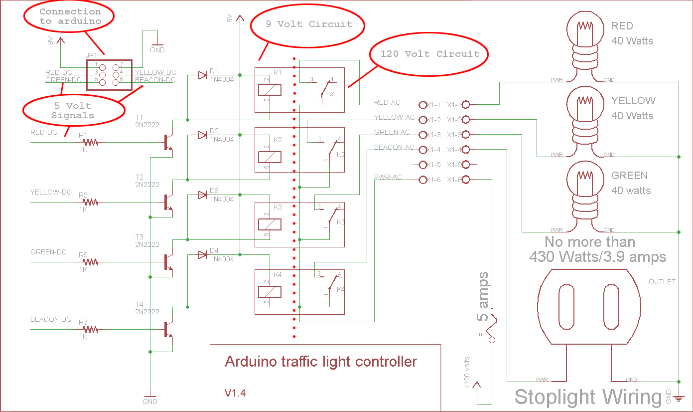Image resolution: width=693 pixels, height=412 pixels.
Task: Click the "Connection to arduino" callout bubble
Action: (69, 16)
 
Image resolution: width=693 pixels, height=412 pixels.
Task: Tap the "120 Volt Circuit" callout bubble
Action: (429, 54)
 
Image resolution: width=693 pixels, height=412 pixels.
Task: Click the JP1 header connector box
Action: (109, 75)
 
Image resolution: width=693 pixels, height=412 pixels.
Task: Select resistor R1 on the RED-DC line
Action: (90, 143)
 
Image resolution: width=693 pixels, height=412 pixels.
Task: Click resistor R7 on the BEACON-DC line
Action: (90, 329)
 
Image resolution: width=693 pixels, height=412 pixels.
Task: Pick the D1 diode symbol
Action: (202, 75)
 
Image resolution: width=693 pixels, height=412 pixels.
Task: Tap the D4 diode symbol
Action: (202, 255)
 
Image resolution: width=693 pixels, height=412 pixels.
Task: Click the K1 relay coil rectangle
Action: (270, 90)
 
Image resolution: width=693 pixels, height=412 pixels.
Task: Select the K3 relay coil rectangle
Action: (270, 224)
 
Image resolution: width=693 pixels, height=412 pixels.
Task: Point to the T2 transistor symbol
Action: (168, 202)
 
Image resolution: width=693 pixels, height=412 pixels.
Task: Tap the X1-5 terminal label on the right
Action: (454, 165)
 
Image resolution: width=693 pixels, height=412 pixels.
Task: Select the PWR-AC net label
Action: (388, 178)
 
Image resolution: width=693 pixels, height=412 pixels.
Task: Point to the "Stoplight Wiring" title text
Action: (588, 397)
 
